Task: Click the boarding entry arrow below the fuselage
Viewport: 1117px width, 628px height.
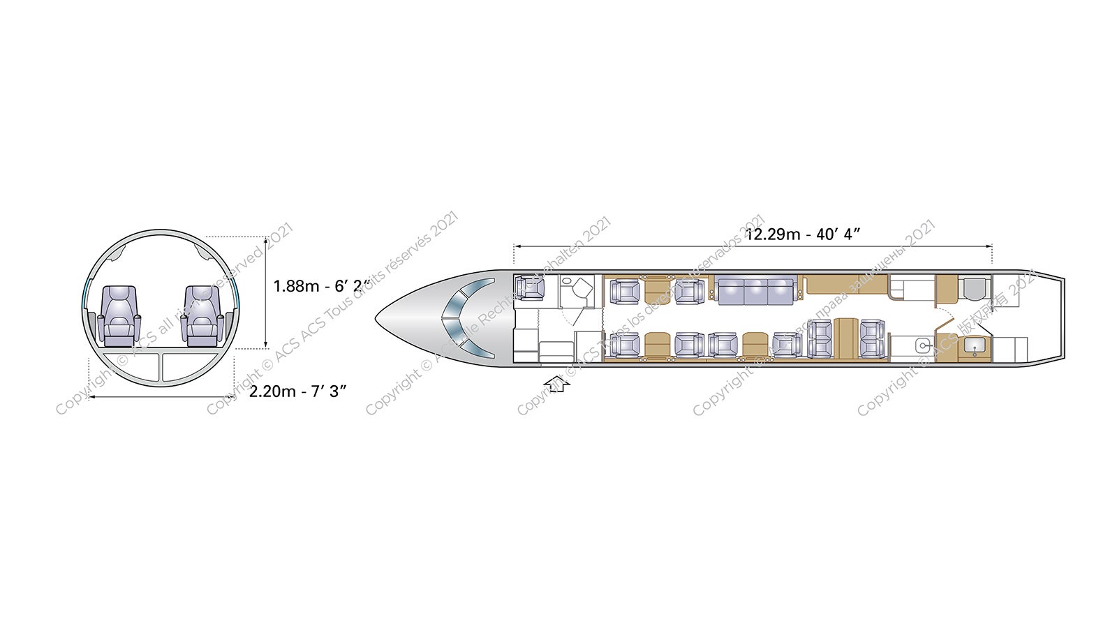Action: pyautogui.click(x=557, y=382)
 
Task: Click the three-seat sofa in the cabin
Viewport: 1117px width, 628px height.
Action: pyautogui.click(x=756, y=290)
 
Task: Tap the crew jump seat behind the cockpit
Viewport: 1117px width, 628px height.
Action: pyautogui.click(x=530, y=288)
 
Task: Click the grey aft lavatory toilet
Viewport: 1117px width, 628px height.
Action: pyautogui.click(x=974, y=288)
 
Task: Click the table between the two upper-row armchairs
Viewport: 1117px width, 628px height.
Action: pyautogui.click(x=657, y=288)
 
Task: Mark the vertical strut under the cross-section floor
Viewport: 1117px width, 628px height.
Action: pyautogui.click(x=161, y=367)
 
